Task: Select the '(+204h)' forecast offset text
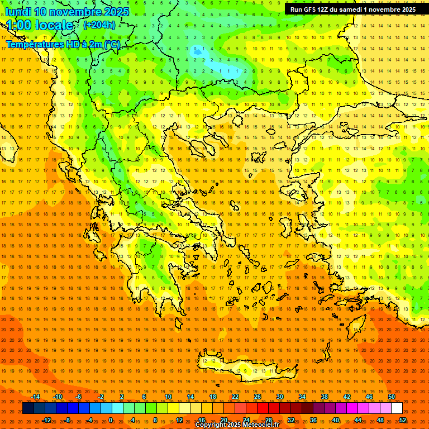tap(99, 25)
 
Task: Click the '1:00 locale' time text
tap(39, 25)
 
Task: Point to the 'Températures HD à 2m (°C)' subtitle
tap(63, 44)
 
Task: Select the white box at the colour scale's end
tap(397, 408)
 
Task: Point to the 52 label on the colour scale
tap(403, 420)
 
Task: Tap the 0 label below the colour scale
tap(111, 420)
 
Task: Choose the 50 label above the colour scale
tap(392, 397)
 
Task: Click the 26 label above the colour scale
tap(258, 397)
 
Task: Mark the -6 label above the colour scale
tap(79, 397)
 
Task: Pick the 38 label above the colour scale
tap(325, 397)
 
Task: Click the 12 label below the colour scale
tap(179, 420)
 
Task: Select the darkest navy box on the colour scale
tap(28, 408)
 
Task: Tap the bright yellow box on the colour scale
tap(184, 408)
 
